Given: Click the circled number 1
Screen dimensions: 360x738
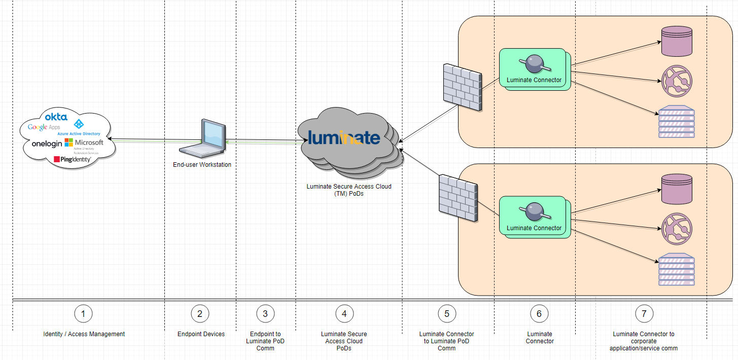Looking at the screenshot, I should (x=83, y=314).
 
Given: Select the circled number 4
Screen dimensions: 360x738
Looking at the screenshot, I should (x=344, y=314).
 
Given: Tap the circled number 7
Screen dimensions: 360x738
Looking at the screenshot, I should (x=644, y=314).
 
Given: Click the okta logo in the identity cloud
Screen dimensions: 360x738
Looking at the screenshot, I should (x=56, y=117).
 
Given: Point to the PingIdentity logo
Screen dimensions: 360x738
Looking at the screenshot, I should (x=73, y=159).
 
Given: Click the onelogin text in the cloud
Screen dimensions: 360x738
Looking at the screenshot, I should (x=47, y=143).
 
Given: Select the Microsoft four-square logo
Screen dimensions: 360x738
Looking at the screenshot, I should (x=68, y=142).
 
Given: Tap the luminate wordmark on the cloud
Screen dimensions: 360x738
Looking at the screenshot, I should (x=344, y=138).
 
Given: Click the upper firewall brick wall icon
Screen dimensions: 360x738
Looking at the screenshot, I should (x=462, y=88).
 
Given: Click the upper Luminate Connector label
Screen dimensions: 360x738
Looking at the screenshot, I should (x=534, y=80).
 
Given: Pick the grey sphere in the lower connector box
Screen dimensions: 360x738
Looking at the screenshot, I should (x=534, y=211).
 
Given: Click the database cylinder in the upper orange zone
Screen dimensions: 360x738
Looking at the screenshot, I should (x=677, y=41).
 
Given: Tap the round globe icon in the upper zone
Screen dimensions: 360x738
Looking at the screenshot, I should (x=677, y=81).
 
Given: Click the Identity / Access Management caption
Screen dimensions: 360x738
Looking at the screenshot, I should (x=84, y=334).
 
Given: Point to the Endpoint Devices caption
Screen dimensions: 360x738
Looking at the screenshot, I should (x=201, y=334).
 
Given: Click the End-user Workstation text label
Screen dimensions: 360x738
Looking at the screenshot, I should (x=202, y=165).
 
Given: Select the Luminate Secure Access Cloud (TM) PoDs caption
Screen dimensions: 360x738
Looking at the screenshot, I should (x=349, y=190).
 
